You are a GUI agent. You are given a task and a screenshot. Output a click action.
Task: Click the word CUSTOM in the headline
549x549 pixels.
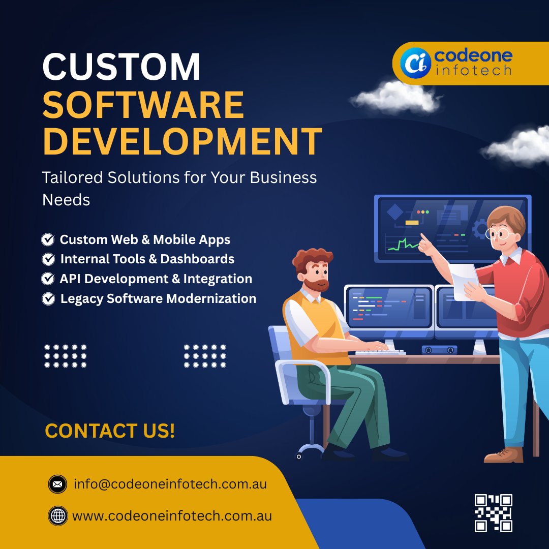click(x=121, y=67)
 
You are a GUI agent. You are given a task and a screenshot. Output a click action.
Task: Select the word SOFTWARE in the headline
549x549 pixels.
click(x=143, y=104)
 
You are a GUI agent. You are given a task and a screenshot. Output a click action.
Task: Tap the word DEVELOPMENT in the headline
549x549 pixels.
click(x=181, y=141)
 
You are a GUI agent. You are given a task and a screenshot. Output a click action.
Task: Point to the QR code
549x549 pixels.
click(x=493, y=512)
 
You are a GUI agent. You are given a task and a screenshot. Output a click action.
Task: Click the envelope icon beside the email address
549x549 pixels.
click(x=57, y=484)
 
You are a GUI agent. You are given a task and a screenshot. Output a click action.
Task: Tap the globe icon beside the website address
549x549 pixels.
click(x=57, y=516)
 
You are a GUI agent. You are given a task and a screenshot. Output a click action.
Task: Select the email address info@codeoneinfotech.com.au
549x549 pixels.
click(x=170, y=484)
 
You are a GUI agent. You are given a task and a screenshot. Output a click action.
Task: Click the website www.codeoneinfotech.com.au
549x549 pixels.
click(x=172, y=516)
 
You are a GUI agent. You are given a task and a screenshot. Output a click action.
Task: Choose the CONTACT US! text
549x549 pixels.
click(x=110, y=431)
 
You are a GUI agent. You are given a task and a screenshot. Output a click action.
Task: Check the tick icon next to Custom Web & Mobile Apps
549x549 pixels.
click(x=48, y=239)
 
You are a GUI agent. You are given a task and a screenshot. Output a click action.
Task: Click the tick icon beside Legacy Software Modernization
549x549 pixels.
click(x=48, y=299)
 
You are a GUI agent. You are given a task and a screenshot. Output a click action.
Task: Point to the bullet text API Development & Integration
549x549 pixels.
click(x=156, y=279)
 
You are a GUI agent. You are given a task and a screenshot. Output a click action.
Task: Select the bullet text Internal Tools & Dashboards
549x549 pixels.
click(x=147, y=259)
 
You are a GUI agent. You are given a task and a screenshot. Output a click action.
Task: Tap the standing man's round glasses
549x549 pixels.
click(x=499, y=234)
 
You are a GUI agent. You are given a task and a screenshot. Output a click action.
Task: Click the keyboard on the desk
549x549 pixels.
click(x=380, y=352)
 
